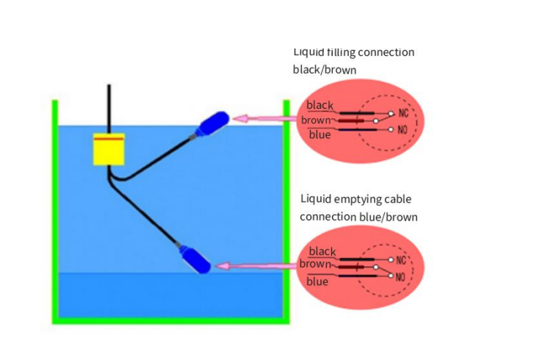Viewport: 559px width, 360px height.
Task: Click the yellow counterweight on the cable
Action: [109, 150]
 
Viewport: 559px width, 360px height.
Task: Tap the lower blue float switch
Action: [195, 260]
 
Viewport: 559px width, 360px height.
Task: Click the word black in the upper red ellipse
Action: [320, 106]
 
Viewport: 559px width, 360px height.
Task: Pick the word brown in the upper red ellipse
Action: [316, 120]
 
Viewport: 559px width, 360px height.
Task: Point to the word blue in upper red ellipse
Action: [320, 134]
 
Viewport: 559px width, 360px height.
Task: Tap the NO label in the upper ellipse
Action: [403, 129]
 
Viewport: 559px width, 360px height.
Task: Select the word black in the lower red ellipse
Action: [322, 251]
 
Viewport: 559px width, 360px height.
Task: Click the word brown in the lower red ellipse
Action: [315, 264]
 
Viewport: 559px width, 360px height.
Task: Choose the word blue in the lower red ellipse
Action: [317, 281]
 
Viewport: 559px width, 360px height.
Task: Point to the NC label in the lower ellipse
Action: [401, 260]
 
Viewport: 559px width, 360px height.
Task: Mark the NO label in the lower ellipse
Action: [400, 277]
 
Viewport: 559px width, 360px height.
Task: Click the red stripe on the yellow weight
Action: [109, 137]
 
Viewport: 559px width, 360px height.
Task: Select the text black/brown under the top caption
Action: [325, 70]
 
